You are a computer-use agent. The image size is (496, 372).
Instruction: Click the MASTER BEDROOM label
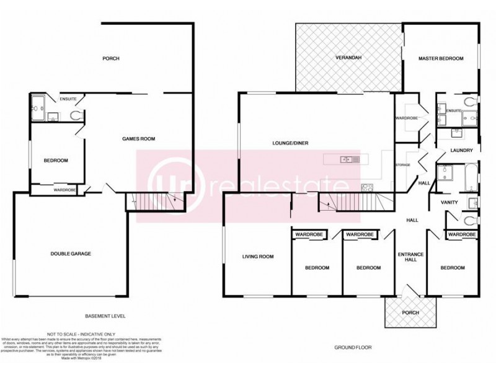pos(441,58)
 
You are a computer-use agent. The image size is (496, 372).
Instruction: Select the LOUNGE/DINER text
pos(290,143)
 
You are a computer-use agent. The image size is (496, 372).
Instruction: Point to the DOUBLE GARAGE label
pos(71,254)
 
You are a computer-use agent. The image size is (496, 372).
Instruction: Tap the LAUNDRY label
pos(462,151)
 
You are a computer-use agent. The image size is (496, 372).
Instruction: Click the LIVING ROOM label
pos(257,256)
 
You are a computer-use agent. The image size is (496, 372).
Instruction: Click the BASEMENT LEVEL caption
pos(105,316)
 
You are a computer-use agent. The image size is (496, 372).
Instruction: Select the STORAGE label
pos(404,164)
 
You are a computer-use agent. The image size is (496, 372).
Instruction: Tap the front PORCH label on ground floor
pos(410,312)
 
